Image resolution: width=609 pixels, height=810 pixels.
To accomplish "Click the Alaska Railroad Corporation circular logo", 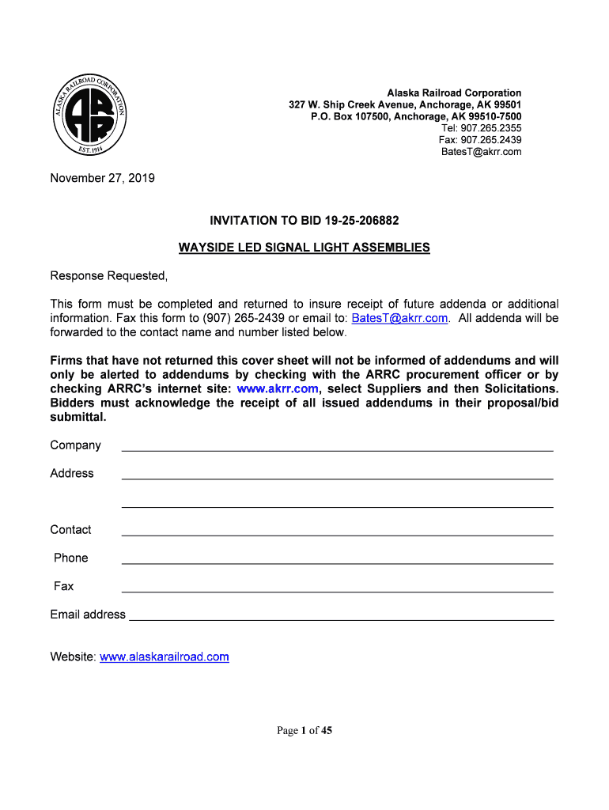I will point(87,116).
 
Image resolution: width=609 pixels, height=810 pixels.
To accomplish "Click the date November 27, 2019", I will point(102,178).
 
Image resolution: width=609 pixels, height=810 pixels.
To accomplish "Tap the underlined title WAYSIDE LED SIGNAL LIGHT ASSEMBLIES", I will point(304,248).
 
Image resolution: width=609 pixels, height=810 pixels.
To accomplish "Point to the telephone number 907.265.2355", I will point(481,128).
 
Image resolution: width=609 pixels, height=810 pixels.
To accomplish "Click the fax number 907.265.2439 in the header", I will point(480,140).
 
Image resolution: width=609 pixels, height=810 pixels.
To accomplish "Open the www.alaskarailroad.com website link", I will point(165,657).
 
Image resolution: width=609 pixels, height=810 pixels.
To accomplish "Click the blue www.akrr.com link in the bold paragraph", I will point(278,388).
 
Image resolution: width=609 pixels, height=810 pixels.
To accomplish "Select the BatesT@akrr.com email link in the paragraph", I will point(399,318).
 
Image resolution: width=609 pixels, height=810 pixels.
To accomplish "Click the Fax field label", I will point(63,586).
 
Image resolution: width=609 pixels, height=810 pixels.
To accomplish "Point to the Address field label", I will point(72,473).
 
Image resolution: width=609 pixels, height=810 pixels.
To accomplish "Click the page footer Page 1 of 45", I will point(304,731).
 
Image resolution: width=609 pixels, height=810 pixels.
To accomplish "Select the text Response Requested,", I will point(109,276).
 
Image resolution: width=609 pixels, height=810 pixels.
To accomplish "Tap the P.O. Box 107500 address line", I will point(416,116).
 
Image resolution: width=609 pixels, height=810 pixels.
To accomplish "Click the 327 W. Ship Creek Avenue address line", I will point(405,104).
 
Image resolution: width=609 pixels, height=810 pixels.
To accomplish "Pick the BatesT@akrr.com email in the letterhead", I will point(481,152).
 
